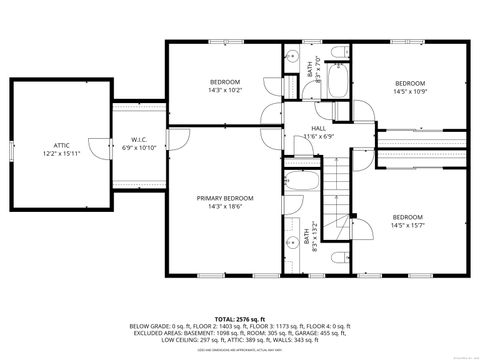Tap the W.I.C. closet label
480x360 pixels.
(x=140, y=139)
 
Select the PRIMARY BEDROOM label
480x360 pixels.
(x=224, y=198)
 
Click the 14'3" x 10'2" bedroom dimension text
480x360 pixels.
(x=224, y=90)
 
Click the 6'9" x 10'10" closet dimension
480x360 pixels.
(x=140, y=147)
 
